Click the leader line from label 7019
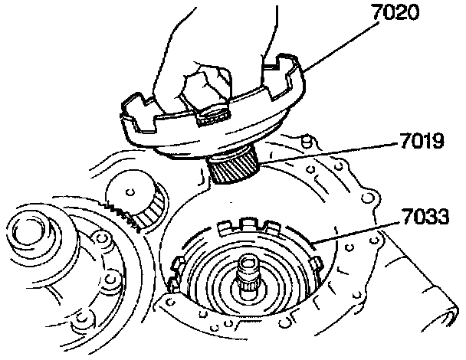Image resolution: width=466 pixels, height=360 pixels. point(322,153)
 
